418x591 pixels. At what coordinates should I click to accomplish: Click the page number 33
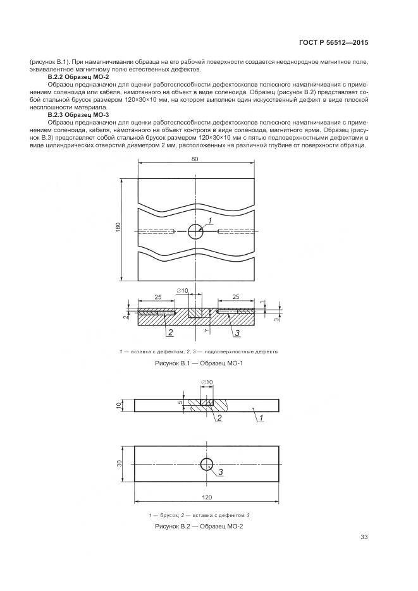coord(364,537)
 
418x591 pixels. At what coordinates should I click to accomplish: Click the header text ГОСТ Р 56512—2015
coord(333,43)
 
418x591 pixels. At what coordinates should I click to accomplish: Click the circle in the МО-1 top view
coord(195,231)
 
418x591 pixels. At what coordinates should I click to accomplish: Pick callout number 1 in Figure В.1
coord(209,219)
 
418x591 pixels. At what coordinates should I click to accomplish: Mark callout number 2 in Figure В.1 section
coord(169,332)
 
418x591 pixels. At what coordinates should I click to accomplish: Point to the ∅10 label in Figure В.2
coord(206,382)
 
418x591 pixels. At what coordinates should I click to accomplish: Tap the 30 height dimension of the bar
coord(121,464)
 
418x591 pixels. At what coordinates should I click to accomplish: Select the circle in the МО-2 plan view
coord(207,465)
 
